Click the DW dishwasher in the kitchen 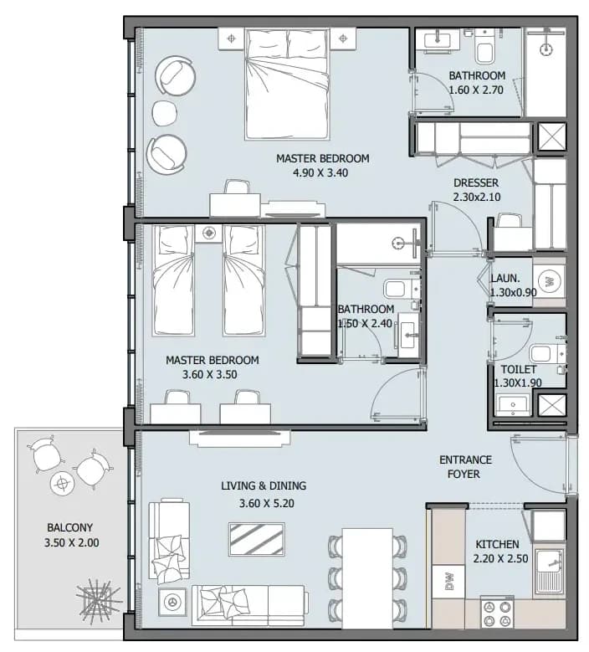click(448, 582)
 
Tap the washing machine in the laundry click(550, 281)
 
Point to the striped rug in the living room click(257, 539)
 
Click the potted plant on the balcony click(99, 599)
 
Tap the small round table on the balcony click(63, 484)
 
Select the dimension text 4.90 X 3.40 click(320, 173)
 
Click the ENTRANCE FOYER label click(464, 467)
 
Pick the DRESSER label click(476, 183)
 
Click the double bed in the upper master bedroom click(288, 83)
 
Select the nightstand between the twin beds click(208, 233)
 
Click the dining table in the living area click(367, 578)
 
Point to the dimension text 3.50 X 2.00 click(71, 542)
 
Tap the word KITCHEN click(497, 544)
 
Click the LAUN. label click(505, 279)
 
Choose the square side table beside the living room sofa click(172, 601)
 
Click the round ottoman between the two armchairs click(165, 112)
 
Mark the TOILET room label click(519, 370)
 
